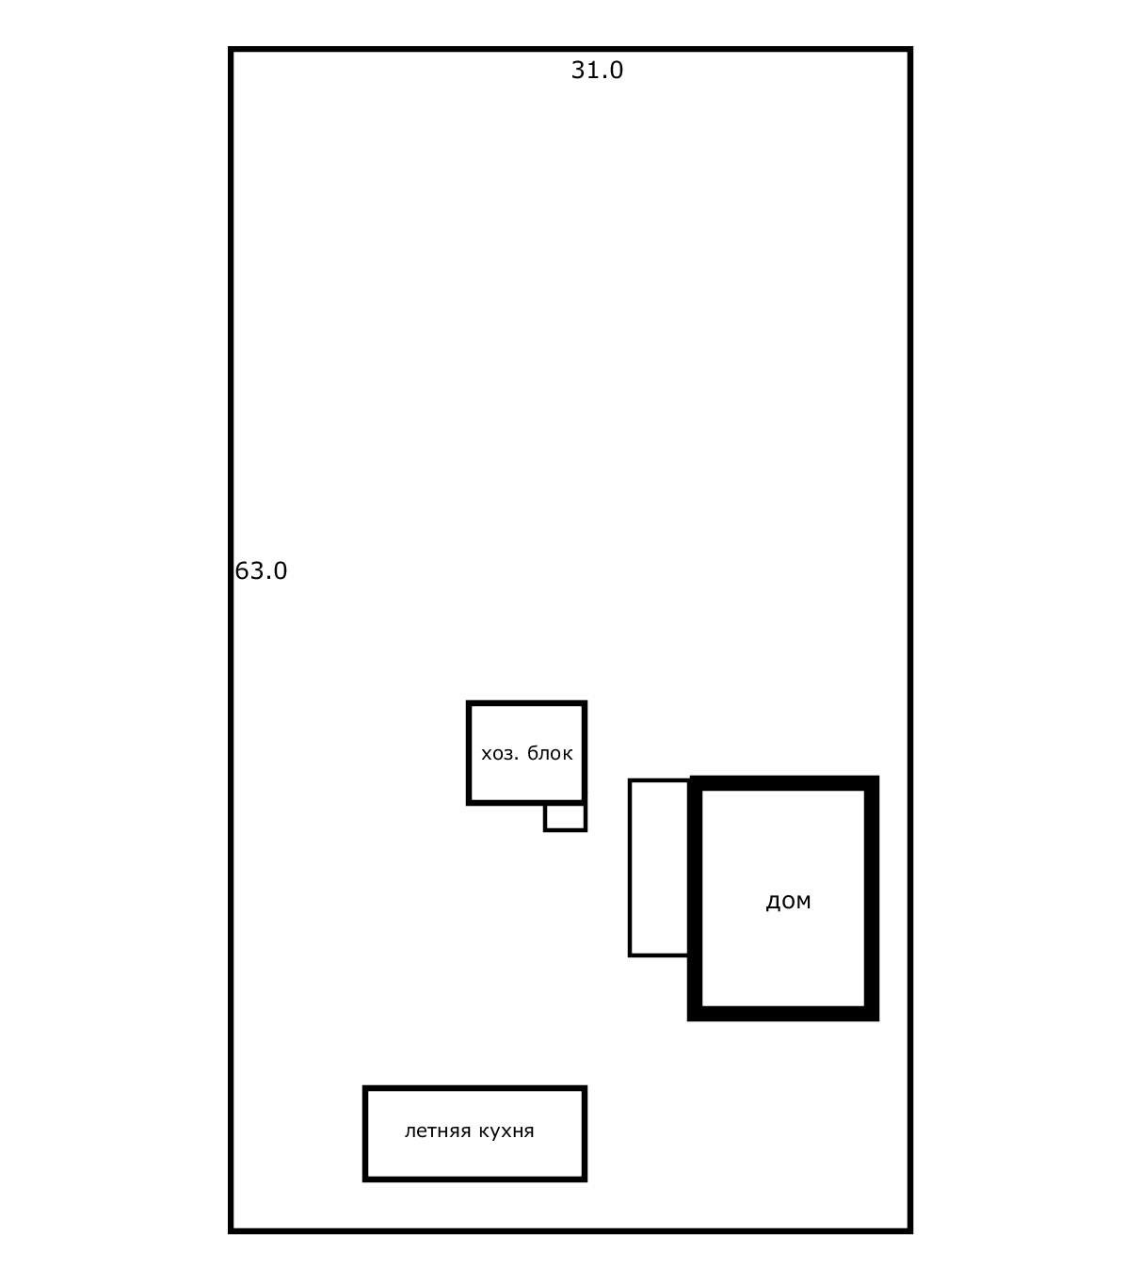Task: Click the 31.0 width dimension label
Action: click(x=597, y=71)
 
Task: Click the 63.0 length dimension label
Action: click(x=261, y=571)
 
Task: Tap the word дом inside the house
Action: click(x=788, y=901)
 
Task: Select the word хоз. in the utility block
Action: click(x=500, y=754)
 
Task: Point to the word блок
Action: click(x=550, y=753)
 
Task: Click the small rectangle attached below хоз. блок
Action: click(x=565, y=817)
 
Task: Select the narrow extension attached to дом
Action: click(x=660, y=868)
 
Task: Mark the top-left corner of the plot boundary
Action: click(x=231, y=49)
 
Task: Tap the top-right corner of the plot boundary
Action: click(x=910, y=49)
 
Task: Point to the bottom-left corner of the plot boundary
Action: click(x=231, y=1231)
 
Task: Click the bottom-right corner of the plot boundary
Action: click(x=910, y=1231)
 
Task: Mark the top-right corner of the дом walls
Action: click(x=878, y=776)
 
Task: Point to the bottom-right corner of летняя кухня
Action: click(x=585, y=1179)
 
